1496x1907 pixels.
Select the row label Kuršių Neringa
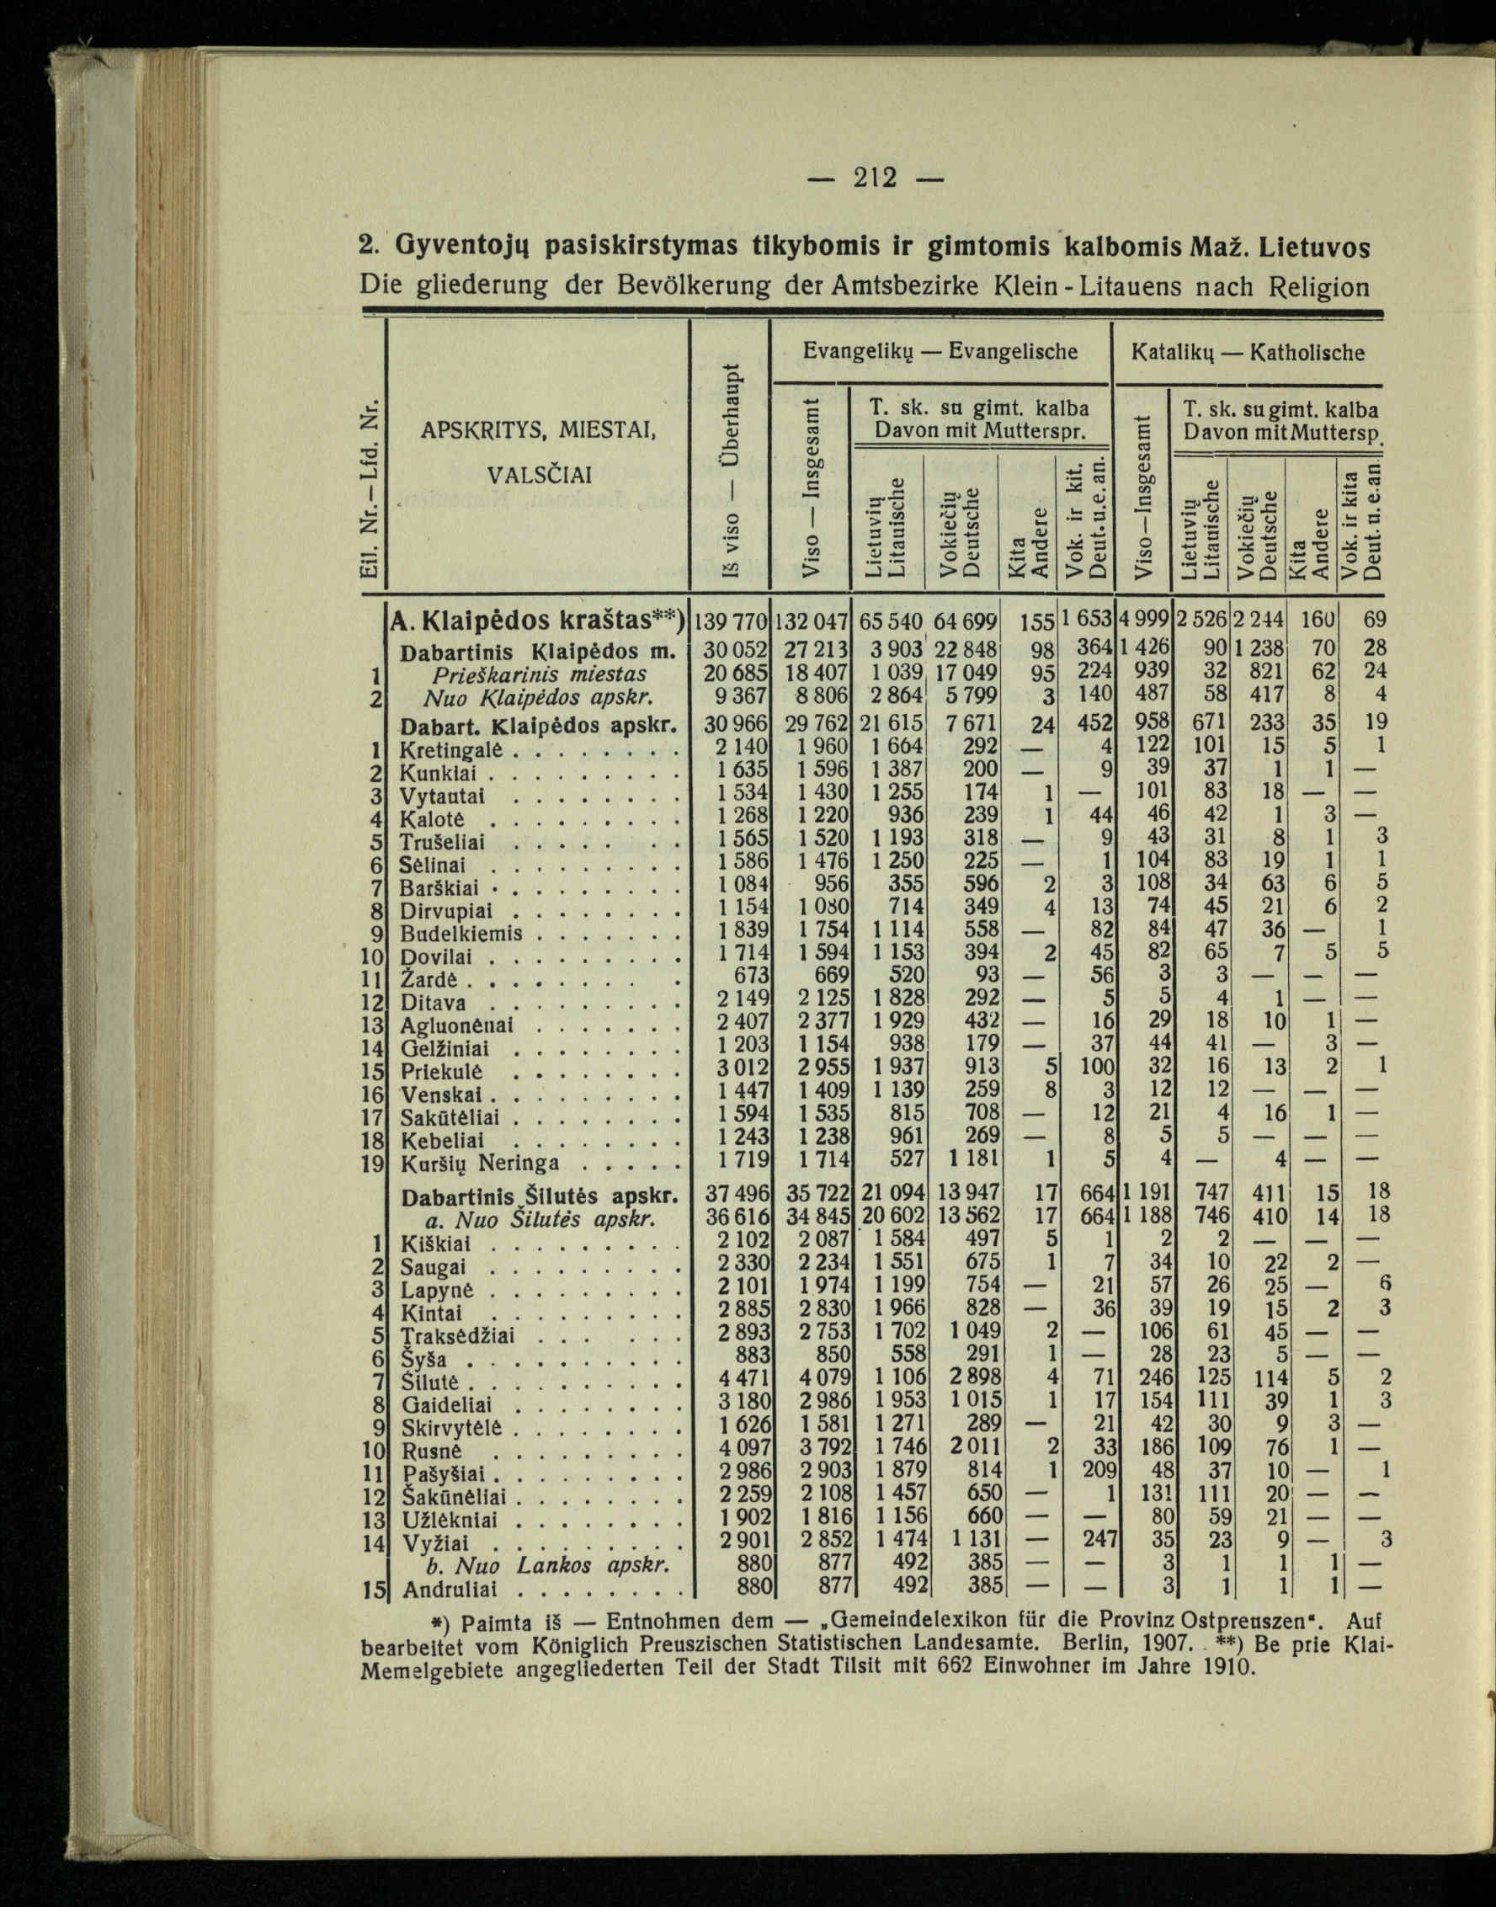479,1164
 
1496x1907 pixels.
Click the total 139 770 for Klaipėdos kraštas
731,622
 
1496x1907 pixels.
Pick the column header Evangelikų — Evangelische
940,352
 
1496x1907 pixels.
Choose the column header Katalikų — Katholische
1248,352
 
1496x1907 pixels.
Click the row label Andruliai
450,1589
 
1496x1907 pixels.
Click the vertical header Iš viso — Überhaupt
730,473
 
